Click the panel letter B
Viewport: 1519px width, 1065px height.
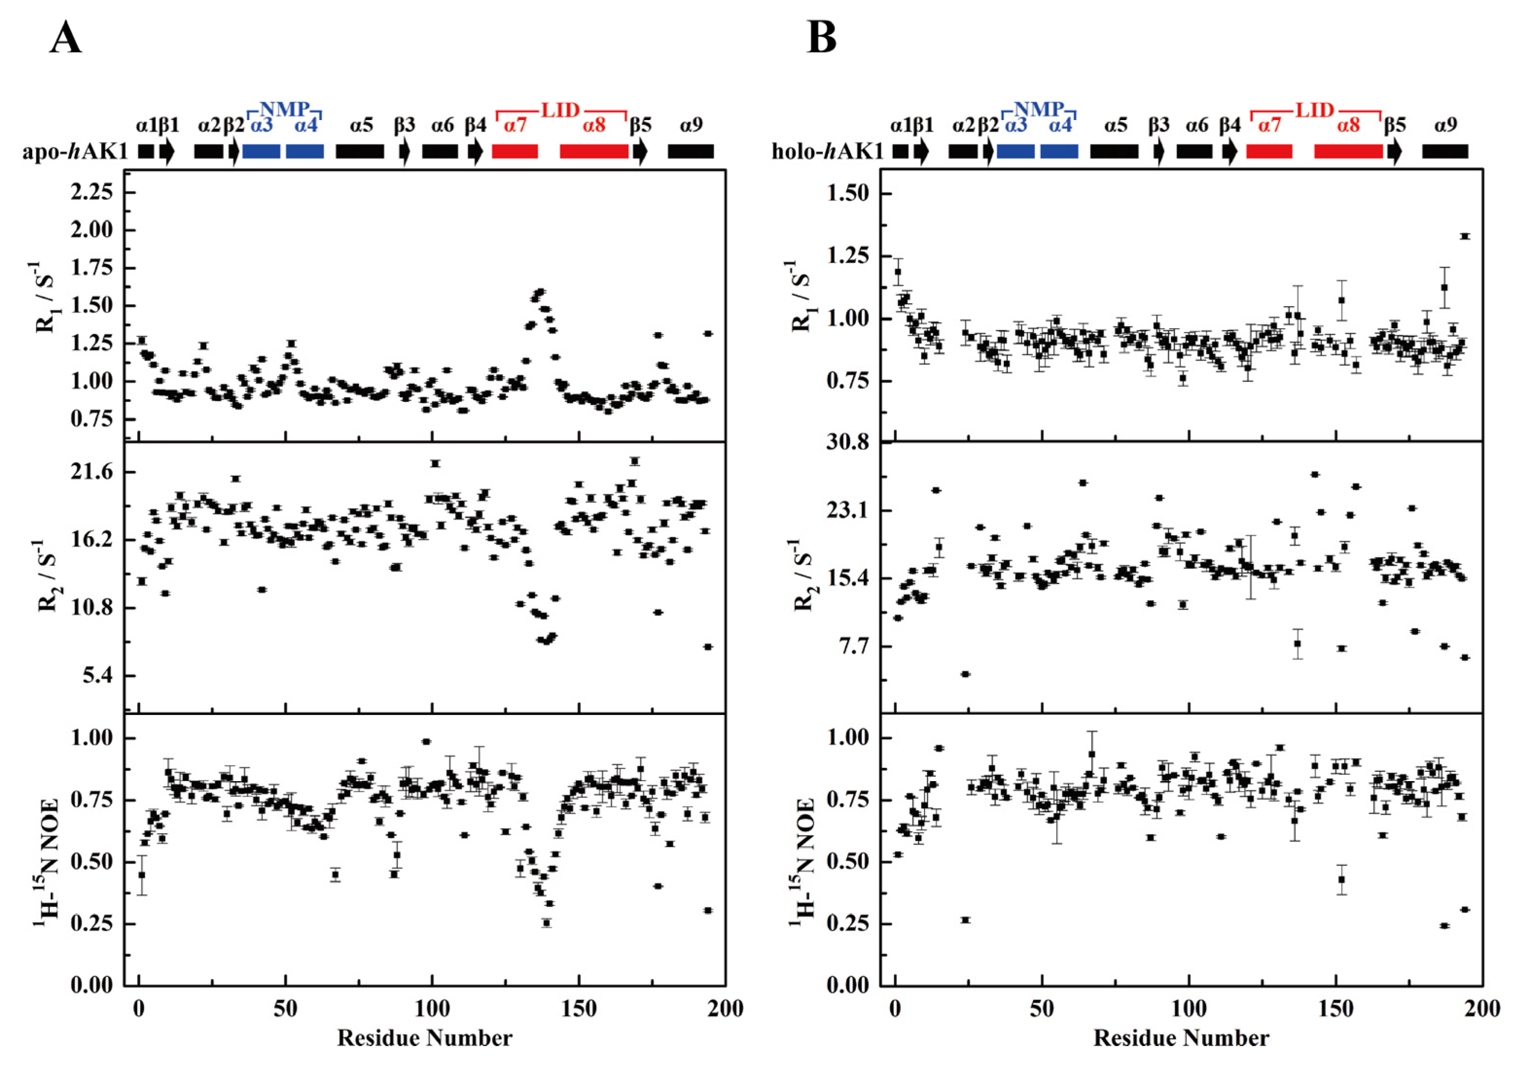coord(821,39)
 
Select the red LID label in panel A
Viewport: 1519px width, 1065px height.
coord(560,110)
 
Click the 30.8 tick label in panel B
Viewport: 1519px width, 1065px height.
coord(848,442)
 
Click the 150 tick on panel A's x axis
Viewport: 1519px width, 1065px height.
coord(579,1009)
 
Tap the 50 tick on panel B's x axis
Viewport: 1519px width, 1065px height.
coord(1042,1009)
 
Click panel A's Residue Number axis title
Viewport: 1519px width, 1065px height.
coord(425,1038)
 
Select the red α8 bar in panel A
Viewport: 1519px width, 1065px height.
coord(594,152)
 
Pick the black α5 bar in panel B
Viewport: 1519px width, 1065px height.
coord(1114,152)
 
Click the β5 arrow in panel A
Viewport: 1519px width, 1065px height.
coord(640,152)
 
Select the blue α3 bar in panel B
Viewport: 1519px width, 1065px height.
coord(1015,152)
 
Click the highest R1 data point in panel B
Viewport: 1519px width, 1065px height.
coord(1465,236)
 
